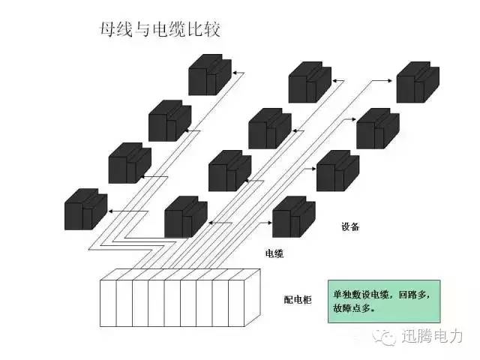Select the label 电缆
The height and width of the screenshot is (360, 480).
tap(274, 253)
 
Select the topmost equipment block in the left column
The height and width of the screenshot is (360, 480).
tap(210, 73)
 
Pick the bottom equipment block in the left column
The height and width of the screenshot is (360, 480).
tap(85, 208)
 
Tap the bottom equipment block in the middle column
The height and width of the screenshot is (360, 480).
tap(185, 217)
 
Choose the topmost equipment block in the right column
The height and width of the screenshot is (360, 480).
tap(417, 82)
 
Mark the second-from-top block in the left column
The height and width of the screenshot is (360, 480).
tap(169, 120)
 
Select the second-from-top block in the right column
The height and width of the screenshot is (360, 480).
tap(377, 128)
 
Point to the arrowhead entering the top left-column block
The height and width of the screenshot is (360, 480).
tap(232, 73)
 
